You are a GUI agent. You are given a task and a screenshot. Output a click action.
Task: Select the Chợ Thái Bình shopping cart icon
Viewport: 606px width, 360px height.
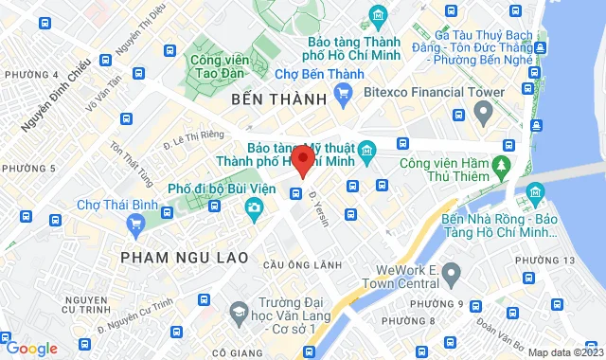(134, 224)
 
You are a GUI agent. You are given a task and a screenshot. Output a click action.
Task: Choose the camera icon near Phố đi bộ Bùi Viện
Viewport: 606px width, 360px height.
(253, 208)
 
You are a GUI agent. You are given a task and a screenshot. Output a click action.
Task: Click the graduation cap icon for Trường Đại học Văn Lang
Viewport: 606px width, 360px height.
(241, 311)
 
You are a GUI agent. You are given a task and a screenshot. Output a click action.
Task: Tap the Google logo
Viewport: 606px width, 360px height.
(31, 348)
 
